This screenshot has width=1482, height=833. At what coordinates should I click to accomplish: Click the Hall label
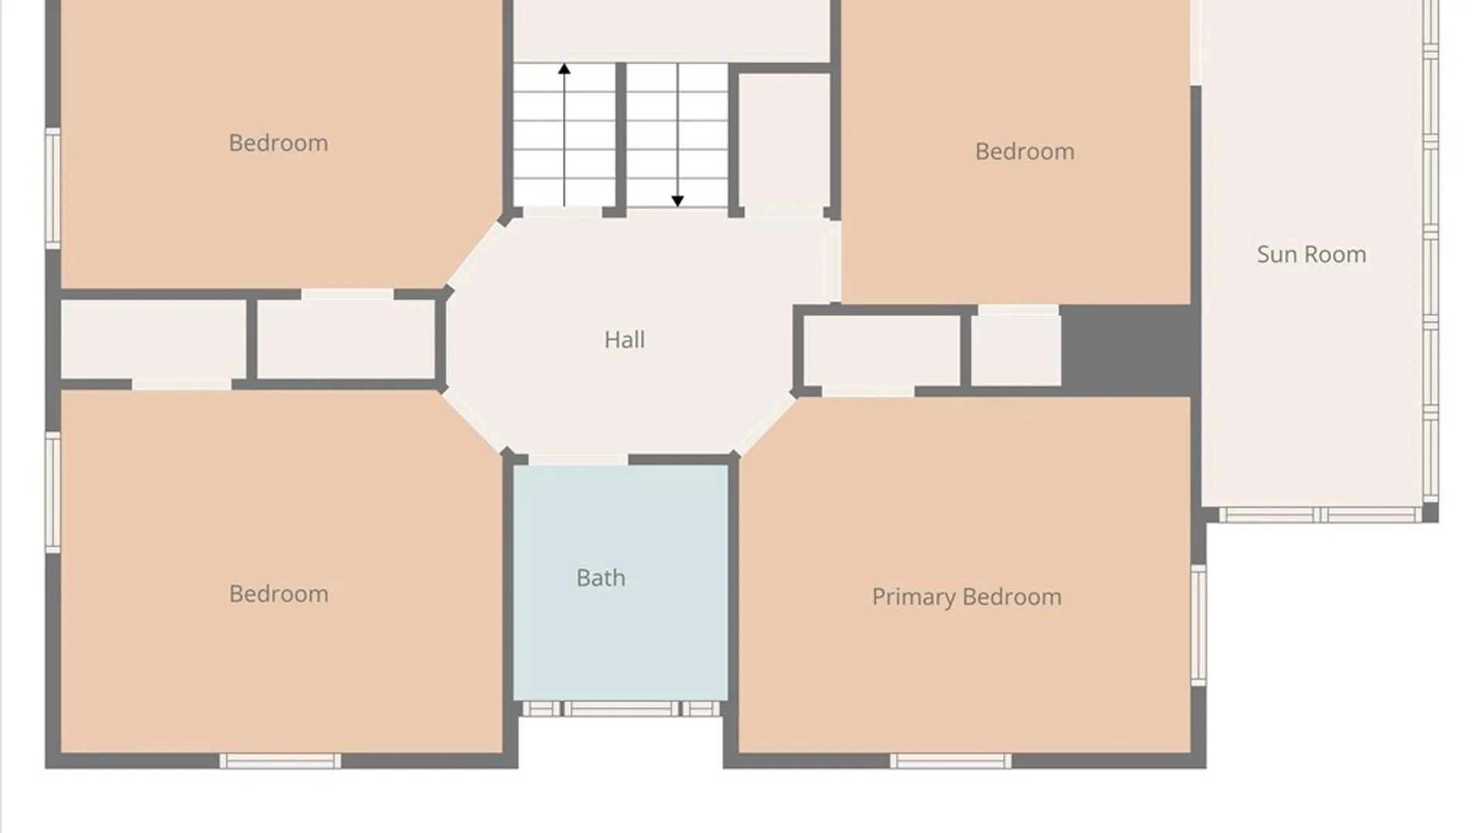click(624, 339)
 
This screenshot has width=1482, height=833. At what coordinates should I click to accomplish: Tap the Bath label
click(601, 578)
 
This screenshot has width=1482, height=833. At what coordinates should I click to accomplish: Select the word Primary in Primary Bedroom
click(914, 598)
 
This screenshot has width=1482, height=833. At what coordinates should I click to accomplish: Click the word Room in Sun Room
click(1338, 255)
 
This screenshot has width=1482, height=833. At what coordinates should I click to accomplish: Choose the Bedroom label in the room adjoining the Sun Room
click(1024, 151)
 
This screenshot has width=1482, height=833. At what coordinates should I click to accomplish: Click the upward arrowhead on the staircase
click(564, 69)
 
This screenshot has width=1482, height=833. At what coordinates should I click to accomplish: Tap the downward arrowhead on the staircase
click(678, 201)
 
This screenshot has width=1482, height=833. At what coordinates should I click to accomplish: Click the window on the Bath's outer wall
click(621, 709)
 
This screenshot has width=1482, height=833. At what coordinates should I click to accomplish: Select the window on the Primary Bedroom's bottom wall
click(950, 761)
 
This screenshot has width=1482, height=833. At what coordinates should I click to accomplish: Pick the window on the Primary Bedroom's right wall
click(1198, 625)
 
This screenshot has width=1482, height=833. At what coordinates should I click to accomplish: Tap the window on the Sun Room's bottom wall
click(1320, 514)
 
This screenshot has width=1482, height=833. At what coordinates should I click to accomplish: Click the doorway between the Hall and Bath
click(578, 460)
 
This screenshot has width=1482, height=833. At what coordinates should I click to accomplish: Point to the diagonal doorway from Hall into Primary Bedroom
click(764, 425)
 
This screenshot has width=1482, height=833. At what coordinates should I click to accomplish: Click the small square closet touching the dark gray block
click(1016, 351)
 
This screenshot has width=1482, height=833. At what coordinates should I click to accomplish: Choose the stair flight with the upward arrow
click(564, 135)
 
